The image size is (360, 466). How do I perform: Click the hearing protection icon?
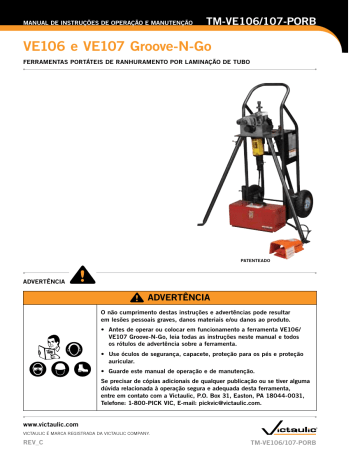point(73,350)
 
